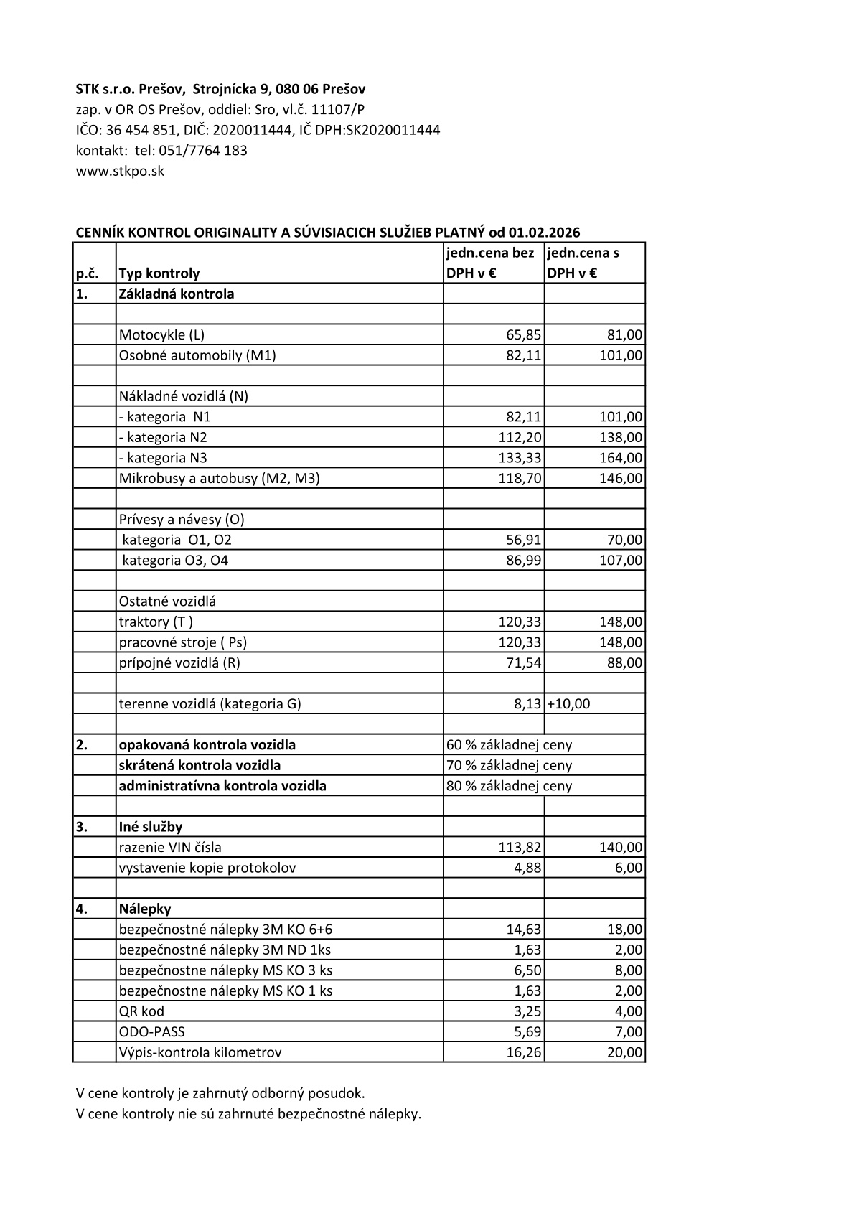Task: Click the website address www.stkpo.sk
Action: pos(120,172)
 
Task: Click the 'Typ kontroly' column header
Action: pos(159,273)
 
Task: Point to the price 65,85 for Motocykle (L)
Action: pos(523,335)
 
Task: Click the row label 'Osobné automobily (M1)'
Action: pos(197,355)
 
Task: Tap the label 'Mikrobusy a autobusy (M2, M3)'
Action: pos(219,478)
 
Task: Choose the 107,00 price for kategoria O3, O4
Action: pos(621,561)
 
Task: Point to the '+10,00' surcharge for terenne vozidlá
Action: pos(568,704)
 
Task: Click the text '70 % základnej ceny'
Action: pos(509,765)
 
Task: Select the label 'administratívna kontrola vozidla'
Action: pos(222,786)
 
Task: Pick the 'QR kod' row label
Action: pos(141,1011)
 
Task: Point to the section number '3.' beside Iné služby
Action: pos(82,827)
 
